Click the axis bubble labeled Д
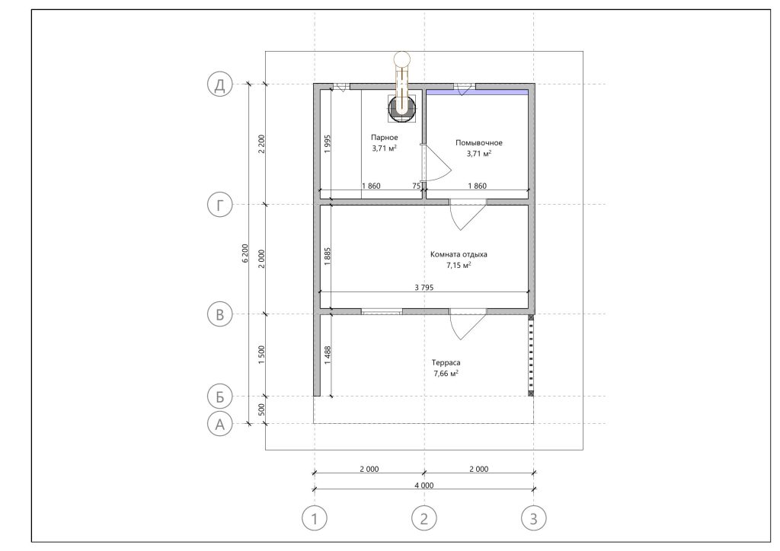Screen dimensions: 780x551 (x=220, y=85)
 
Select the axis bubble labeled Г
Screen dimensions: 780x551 (x=220, y=205)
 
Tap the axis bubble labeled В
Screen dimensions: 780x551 (x=220, y=314)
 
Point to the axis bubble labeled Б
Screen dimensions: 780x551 (x=220, y=397)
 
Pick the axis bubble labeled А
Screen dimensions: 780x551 (x=220, y=425)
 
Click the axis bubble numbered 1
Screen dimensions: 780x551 (x=315, y=519)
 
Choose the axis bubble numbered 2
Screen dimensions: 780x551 (x=424, y=519)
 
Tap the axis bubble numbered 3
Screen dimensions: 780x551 (x=534, y=519)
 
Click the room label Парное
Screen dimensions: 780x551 (x=385, y=137)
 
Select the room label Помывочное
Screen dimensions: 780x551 (x=479, y=142)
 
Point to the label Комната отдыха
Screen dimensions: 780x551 (x=459, y=254)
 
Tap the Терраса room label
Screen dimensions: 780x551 (x=446, y=363)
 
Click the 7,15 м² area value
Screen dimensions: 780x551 (x=459, y=266)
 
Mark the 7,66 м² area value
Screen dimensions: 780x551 (x=446, y=374)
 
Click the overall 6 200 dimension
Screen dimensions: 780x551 (x=245, y=253)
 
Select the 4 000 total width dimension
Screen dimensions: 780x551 (x=424, y=486)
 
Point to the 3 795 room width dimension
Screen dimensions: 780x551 (x=424, y=287)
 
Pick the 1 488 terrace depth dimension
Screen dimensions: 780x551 (x=328, y=355)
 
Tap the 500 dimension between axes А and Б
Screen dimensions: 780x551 (x=262, y=410)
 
